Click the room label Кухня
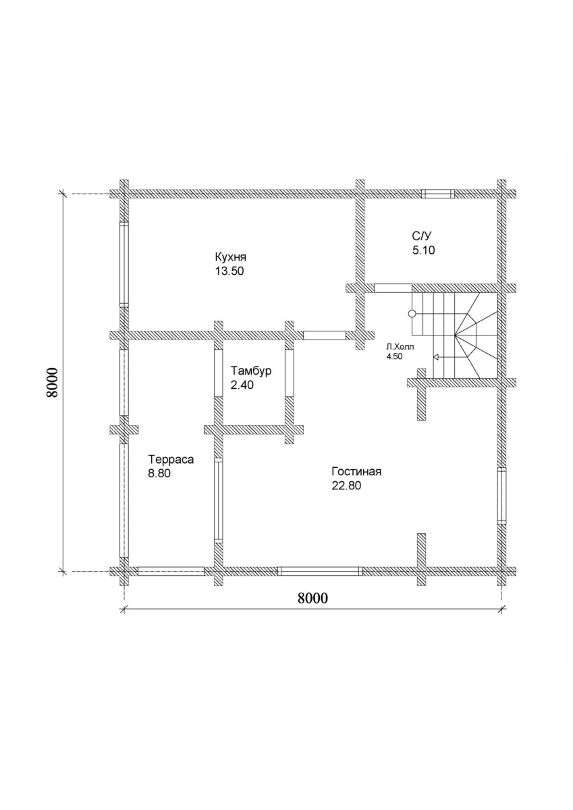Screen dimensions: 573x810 [230, 258]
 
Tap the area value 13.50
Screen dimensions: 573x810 [229, 271]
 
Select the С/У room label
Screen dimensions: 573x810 [422, 236]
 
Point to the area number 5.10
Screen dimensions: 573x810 [423, 250]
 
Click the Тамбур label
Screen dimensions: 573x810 [251, 371]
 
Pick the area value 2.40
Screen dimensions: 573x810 [242, 385]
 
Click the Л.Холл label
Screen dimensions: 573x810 [399, 348]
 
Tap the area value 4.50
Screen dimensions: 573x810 [394, 356]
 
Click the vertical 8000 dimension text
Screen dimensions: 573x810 [52, 383]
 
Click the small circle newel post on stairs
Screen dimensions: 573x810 [412, 314]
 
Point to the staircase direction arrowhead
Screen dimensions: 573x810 [435, 357]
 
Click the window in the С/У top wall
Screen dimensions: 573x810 [438, 194]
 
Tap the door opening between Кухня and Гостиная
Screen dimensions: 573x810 [324, 335]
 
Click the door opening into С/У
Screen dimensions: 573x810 [393, 288]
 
